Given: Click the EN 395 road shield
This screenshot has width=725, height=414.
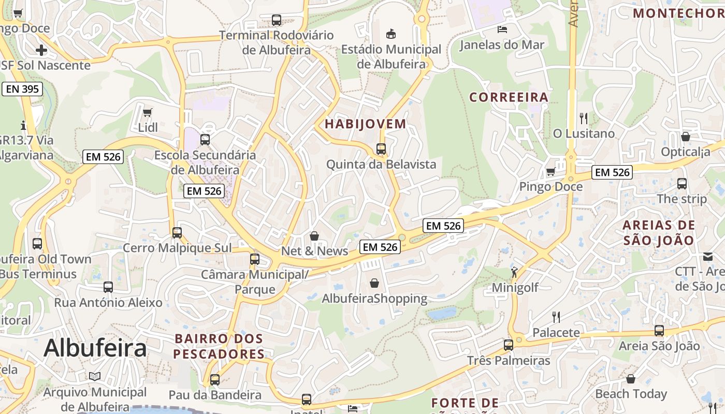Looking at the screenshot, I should point(22,89).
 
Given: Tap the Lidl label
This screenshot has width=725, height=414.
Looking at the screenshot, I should point(148,127).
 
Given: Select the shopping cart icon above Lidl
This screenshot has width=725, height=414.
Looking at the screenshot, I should point(148,112).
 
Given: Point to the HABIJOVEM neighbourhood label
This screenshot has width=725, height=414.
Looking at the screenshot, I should point(365,124).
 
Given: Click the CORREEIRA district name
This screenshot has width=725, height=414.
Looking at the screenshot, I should point(509,97).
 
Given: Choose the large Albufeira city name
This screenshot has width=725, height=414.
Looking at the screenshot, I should point(95,348).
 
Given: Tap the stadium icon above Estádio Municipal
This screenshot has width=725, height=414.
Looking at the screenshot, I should point(391,34).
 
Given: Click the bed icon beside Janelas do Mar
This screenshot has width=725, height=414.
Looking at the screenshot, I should point(502,29).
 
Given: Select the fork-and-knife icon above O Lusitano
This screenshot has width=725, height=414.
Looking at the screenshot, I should point(584,119).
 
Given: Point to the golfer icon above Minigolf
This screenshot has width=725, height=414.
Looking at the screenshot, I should point(514,272).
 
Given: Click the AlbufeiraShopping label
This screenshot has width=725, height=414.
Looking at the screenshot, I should point(374,299).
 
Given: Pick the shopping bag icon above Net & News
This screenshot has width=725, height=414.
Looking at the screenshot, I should point(314,236).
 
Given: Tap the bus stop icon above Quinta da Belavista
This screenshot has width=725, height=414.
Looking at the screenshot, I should point(381,149).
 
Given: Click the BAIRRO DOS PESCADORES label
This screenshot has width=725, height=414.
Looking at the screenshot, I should point(219,347).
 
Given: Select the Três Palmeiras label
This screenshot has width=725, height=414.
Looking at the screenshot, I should point(509,361).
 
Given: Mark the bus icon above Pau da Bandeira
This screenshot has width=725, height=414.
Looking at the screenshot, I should point(215,380).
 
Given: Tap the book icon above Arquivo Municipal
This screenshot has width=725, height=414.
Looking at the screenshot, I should point(94,376).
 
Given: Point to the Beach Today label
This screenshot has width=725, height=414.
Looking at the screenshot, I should point(631,394).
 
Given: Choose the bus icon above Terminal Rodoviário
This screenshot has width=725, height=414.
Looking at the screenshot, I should point(277,20).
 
